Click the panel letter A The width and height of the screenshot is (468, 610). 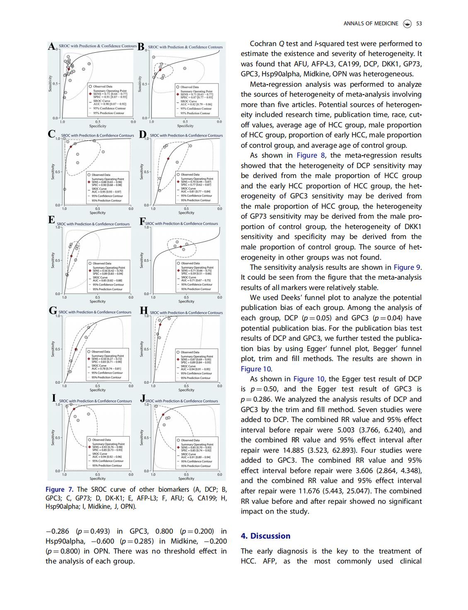click(x=52, y=46)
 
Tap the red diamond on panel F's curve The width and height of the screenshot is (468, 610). click(x=180, y=247)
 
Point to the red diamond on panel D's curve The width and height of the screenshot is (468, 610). click(x=168, y=159)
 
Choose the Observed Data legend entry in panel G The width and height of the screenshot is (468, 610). click(x=101, y=351)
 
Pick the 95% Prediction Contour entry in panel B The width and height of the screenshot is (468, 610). click(x=194, y=113)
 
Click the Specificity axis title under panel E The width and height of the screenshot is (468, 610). click(x=97, y=301)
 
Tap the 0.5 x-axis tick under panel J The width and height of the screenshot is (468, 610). click(x=186, y=474)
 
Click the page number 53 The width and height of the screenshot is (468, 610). click(x=419, y=24)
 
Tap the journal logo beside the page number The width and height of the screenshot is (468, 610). click(x=407, y=24)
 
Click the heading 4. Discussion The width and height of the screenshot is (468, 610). click(x=265, y=536)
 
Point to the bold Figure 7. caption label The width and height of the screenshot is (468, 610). click(x=61, y=489)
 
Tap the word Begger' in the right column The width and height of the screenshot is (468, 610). click(x=374, y=349)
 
